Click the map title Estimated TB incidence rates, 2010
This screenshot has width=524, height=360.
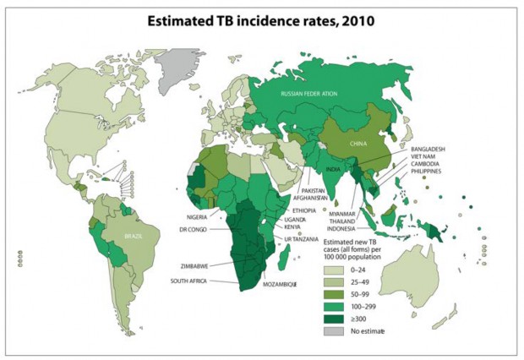click(261, 18)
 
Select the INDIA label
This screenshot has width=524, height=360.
click(334, 169)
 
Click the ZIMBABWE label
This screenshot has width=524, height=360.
click(196, 265)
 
